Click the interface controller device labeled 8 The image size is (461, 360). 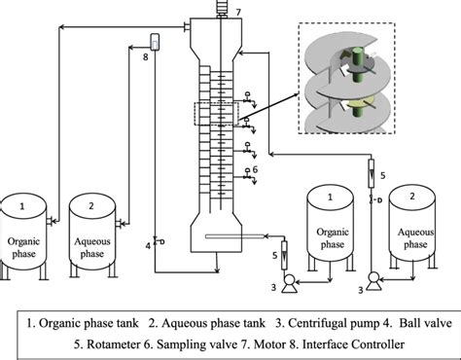pos(155,42)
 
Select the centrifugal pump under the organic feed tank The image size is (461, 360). pos(289,283)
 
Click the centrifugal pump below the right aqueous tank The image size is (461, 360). pos(373,282)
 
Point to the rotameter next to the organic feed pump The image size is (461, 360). pos(285,255)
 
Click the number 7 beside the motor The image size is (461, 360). pos(238,13)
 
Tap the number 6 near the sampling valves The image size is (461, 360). pos(255,169)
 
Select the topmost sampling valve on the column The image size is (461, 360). pos(249,100)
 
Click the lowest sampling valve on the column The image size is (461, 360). pos(249,176)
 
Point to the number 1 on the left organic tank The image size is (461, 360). pos(22,206)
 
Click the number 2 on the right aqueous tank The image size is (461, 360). pos(412,197)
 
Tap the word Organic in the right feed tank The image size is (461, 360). pos(333,233)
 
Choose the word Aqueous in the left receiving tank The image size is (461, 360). pos(92,241)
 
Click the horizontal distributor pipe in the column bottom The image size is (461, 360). pos(235,236)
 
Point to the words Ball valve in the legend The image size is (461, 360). pos(425,323)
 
